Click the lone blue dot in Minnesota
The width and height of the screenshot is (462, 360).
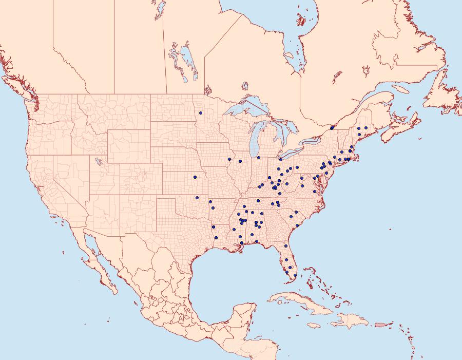[x=201, y=112]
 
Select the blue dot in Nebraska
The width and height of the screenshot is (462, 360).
[x=195, y=177]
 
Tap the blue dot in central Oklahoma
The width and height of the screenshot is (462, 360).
[x=196, y=197]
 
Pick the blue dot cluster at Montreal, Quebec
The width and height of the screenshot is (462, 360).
[x=332, y=128]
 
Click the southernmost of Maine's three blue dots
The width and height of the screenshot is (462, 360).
[x=359, y=135]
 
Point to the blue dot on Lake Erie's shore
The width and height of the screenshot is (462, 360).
[x=281, y=160]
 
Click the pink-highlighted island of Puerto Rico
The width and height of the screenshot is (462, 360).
[x=380, y=324]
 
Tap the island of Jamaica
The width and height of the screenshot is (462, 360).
[x=314, y=325]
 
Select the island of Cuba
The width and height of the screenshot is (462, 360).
[x=303, y=303]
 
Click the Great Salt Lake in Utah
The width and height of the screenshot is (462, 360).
[x=96, y=160]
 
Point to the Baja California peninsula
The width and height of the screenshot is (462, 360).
[x=98, y=262]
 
